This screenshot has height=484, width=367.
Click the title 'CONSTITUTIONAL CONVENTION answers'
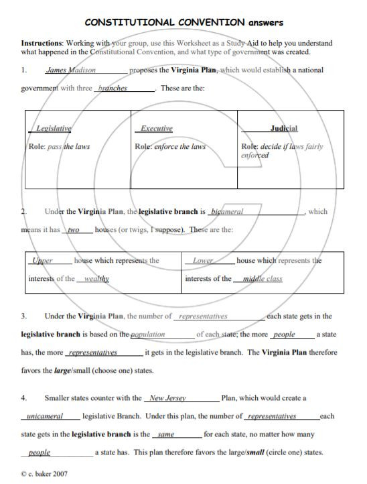[183, 23]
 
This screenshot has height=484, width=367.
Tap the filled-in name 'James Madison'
[70, 70]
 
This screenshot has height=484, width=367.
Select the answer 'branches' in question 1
[113, 88]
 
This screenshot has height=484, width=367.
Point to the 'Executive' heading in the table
[157, 128]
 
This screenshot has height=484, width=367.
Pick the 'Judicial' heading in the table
[284, 128]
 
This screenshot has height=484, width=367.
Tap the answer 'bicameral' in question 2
[226, 212]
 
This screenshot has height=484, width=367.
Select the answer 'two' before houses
[74, 230]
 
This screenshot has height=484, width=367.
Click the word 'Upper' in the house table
[43, 261]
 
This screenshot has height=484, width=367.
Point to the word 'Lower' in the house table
[203, 261]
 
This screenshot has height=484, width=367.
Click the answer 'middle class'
[263, 279]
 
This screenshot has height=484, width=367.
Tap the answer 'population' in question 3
[148, 334]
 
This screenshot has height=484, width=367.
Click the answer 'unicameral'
[45, 416]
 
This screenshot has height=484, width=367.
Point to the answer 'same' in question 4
[166, 434]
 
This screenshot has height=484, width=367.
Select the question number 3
[24, 316]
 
